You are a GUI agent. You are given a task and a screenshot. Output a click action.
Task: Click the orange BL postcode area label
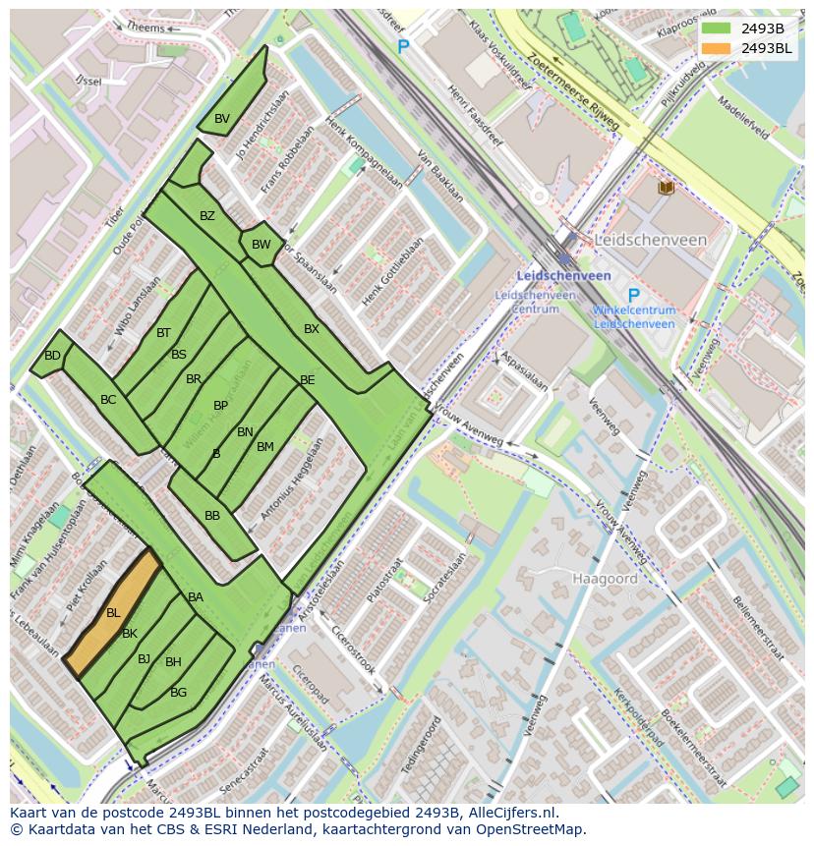[x=113, y=613]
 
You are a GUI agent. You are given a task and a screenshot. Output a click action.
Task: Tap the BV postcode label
[x=222, y=119]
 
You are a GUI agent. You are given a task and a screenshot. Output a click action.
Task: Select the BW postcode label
[x=261, y=245]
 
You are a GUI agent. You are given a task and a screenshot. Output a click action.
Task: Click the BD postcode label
[x=52, y=356]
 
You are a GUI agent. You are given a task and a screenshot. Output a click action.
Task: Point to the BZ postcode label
[x=207, y=216]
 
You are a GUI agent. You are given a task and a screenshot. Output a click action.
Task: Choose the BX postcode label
[x=312, y=329]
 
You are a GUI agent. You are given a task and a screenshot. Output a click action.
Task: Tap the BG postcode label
[x=178, y=693]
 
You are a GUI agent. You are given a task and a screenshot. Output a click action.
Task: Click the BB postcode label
[x=212, y=516]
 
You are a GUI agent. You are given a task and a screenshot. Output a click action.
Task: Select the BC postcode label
[x=108, y=400]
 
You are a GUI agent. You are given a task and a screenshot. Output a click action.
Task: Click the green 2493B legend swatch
[x=717, y=28]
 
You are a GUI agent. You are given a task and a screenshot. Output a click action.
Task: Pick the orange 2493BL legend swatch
[x=717, y=48]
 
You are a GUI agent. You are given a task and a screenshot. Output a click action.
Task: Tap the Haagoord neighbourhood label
[x=605, y=579]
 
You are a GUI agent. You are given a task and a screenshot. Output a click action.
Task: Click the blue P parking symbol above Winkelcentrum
[x=633, y=296]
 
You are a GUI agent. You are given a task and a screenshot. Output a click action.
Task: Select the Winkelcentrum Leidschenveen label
[x=634, y=316]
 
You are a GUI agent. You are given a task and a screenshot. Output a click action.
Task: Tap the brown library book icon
[x=666, y=187]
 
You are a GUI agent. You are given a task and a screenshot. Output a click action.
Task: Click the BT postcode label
[x=163, y=333]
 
